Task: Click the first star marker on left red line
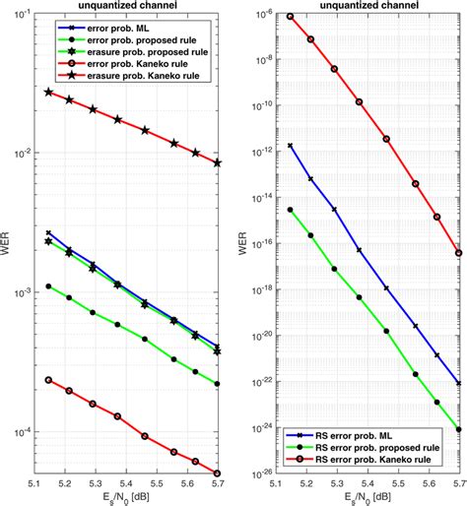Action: [x=49, y=92]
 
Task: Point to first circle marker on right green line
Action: [x=290, y=210]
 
